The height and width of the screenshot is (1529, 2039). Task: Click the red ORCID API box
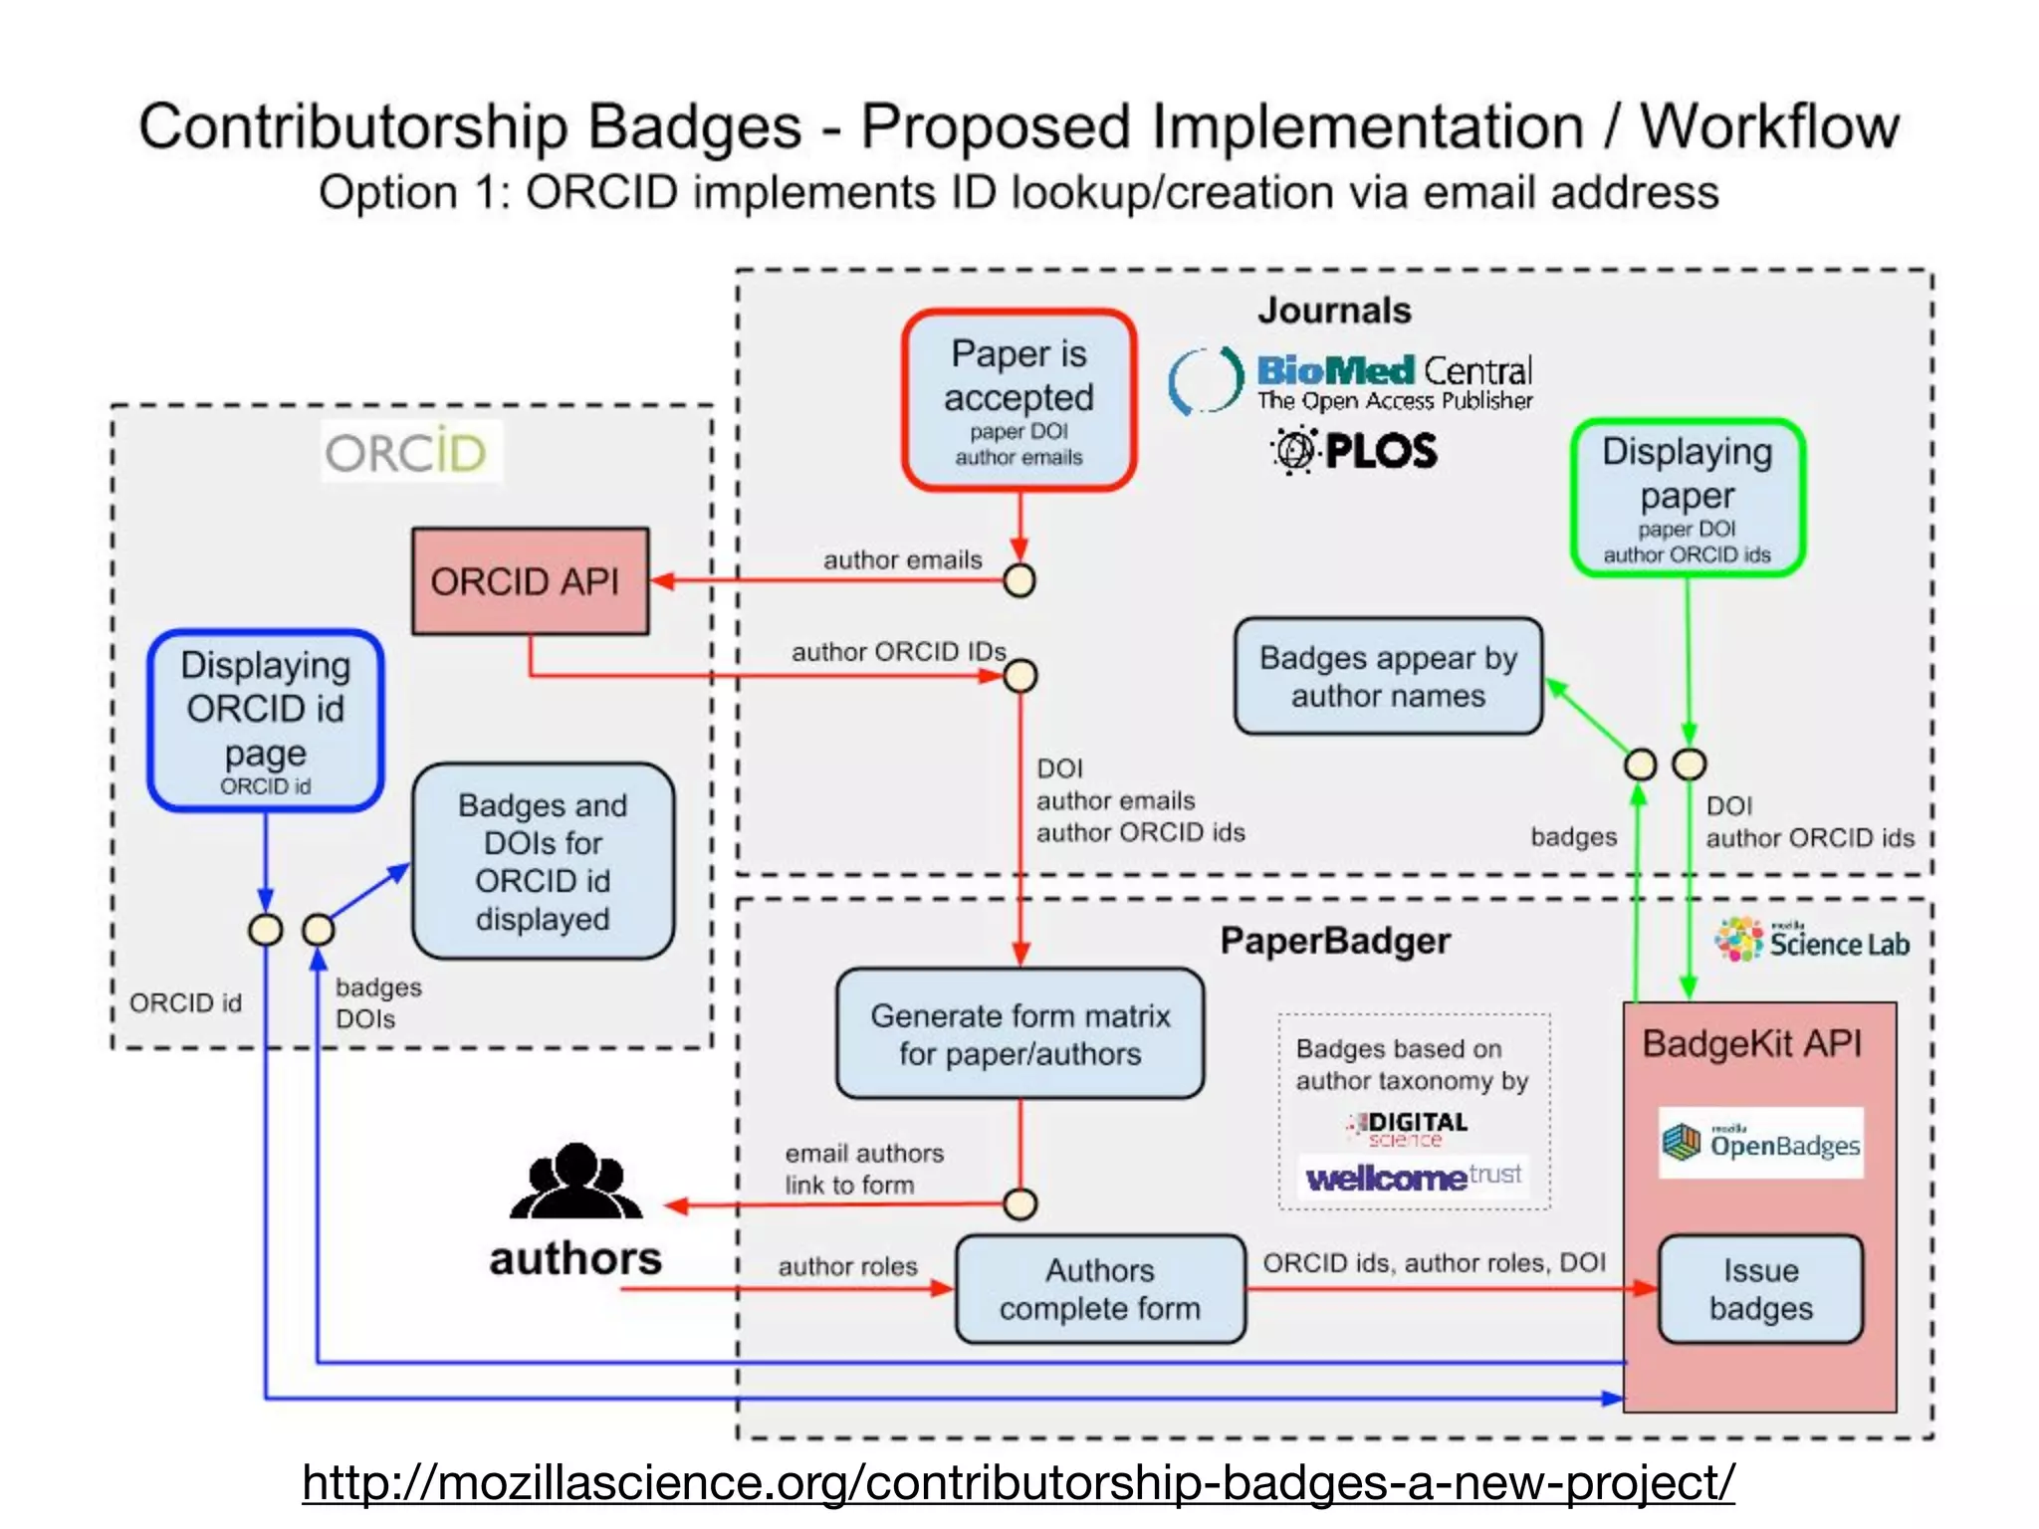530,581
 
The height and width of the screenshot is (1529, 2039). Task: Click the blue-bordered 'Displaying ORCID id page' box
266,720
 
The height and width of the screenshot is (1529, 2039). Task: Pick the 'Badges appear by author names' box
1388,677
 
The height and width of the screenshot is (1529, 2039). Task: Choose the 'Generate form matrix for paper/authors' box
1019,1034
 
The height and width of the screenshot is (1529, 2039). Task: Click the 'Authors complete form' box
1100,1289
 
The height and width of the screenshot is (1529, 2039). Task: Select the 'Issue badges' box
1760,1289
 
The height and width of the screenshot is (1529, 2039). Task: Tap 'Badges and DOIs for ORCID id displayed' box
543,861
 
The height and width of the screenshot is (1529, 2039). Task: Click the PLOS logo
1354,450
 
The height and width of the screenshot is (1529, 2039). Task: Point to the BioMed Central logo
1351,381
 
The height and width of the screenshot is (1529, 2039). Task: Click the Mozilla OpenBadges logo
1760,1143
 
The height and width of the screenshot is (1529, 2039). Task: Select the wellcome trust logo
1414,1178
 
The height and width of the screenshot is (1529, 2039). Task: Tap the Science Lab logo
1812,941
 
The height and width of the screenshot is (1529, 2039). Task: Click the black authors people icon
575,1182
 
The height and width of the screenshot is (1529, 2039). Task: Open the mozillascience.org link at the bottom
1019,1482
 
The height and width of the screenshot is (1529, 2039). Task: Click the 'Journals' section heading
1334,311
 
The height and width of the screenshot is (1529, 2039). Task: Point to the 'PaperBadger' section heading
1335,941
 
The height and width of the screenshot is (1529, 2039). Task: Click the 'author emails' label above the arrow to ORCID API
902,559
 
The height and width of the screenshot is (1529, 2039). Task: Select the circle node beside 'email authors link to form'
1019,1204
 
